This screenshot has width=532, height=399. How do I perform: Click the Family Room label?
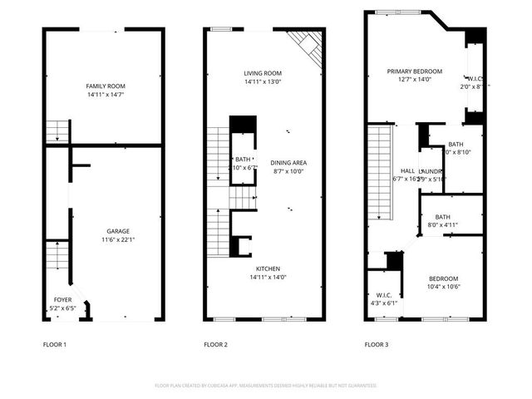click(111, 86)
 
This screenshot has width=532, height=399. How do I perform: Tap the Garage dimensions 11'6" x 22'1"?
click(117, 240)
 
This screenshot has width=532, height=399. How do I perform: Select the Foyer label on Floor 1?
click(63, 299)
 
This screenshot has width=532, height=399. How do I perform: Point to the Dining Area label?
click(288, 162)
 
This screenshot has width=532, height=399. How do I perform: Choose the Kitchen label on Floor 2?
click(268, 268)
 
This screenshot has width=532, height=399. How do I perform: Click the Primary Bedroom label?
click(414, 71)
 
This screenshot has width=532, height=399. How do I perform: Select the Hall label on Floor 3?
click(407, 170)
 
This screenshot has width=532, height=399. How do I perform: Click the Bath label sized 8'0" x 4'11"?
click(441, 217)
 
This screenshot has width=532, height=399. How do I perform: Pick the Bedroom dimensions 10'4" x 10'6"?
click(442, 287)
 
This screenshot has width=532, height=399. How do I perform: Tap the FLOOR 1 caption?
click(55, 343)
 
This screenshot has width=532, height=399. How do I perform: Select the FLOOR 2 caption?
click(216, 343)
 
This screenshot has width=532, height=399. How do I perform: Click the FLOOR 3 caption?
click(377, 343)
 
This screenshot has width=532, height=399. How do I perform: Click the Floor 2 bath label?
click(242, 159)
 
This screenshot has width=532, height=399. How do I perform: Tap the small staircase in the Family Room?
click(57, 131)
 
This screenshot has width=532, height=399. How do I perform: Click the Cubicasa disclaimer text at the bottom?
click(266, 386)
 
